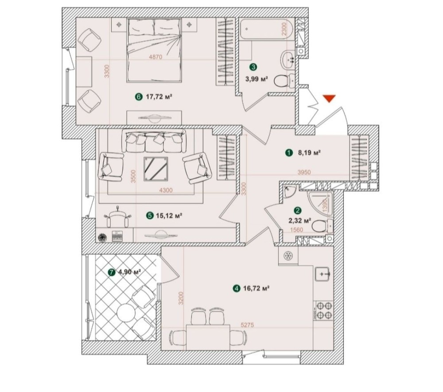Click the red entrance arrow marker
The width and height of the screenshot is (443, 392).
tap(328, 98)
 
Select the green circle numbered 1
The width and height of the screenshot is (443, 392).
tap(289, 153)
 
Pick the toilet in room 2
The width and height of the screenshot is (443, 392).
tap(321, 227)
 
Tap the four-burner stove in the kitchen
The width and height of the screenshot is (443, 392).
tap(323, 310)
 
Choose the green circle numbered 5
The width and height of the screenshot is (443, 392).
tap(150, 216)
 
